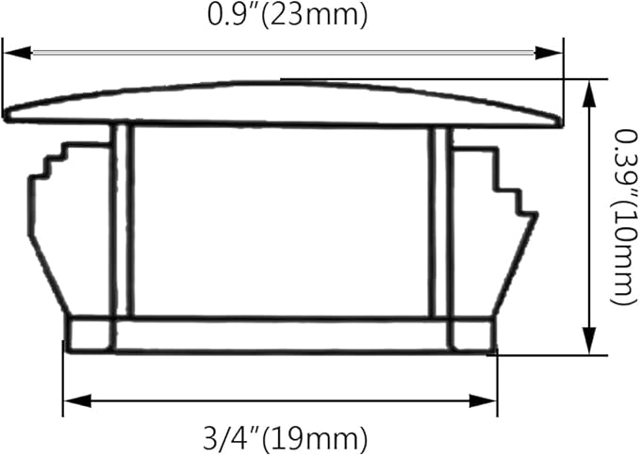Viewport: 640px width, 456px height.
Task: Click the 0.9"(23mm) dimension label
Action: pyautogui.click(x=287, y=16)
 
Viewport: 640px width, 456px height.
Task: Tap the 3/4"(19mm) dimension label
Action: pyautogui.click(x=286, y=438)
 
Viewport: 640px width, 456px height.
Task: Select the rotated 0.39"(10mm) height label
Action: pyautogui.click(x=625, y=217)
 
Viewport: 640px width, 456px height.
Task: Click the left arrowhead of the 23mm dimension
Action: pyautogui.click(x=17, y=53)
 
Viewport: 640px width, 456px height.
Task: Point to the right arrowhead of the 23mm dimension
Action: pyautogui.click(x=549, y=53)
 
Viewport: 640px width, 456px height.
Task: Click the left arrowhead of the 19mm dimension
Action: pyautogui.click(x=77, y=400)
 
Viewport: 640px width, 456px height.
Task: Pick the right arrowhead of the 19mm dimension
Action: pyautogui.click(x=483, y=400)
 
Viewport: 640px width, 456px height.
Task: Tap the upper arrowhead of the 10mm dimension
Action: pyautogui.click(x=588, y=95)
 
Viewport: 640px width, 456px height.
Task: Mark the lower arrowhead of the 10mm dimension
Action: pyautogui.click(x=588, y=340)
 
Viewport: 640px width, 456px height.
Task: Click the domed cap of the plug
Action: pyautogui.click(x=284, y=104)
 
